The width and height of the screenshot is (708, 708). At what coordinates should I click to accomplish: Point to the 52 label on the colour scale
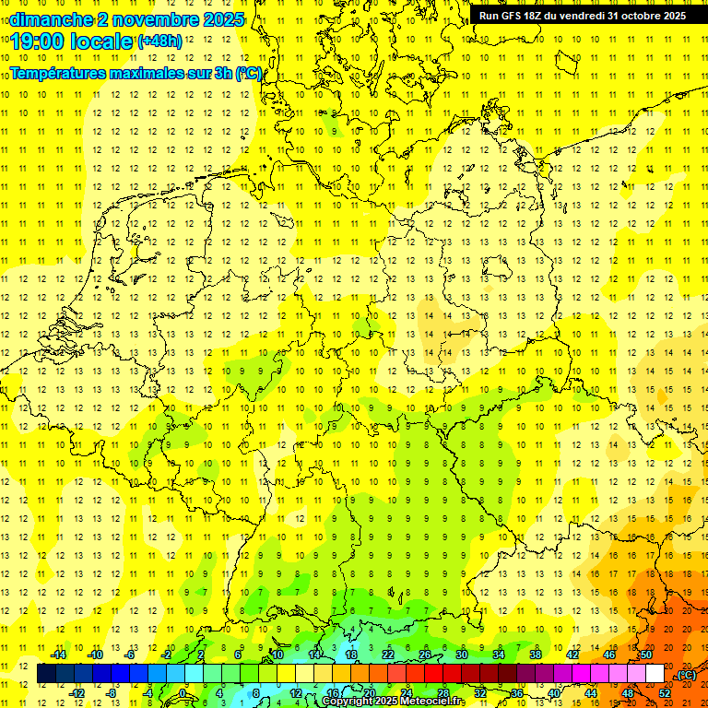[665, 693]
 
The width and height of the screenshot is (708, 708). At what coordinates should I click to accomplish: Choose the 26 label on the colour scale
[425, 655]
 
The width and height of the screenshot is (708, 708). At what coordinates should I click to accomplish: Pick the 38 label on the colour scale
[536, 655]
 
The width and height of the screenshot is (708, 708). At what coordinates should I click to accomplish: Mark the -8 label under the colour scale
[112, 693]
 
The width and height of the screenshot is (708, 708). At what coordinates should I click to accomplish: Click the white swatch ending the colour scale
[655, 674]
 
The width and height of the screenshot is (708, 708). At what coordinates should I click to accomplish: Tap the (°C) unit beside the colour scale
[686, 674]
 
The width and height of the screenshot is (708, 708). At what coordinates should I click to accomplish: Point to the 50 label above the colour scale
[646, 655]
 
